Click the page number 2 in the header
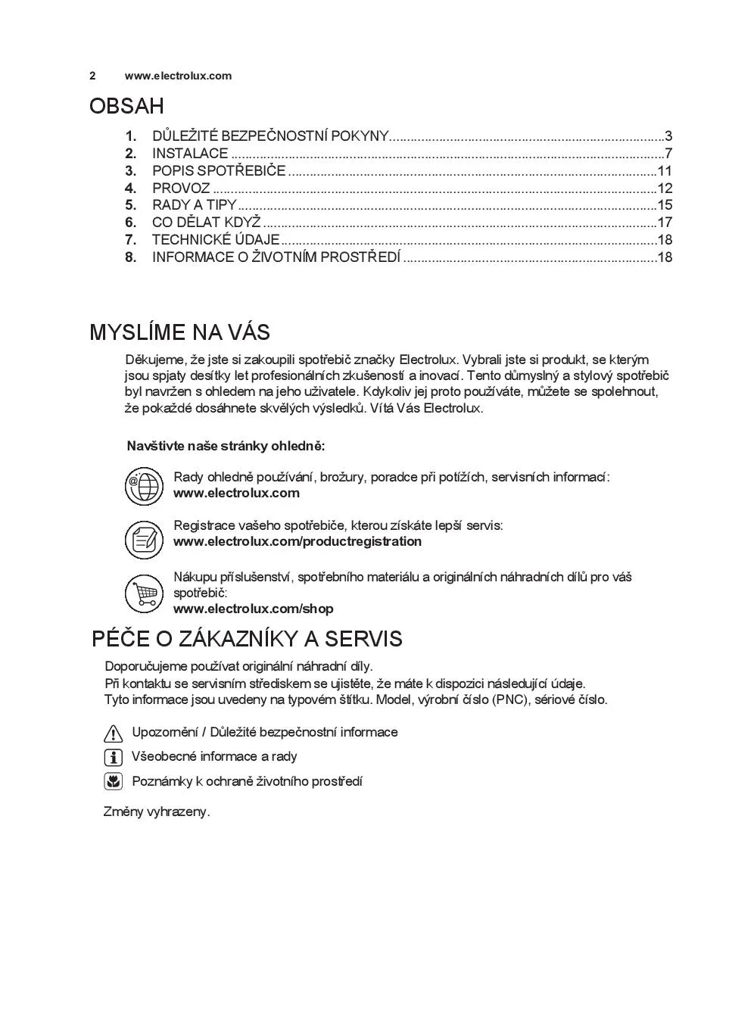[92, 76]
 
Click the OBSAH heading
[126, 106]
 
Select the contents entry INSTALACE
[190, 154]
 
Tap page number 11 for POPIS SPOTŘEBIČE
[665, 171]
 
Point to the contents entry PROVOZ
[181, 188]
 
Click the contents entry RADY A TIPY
[195, 205]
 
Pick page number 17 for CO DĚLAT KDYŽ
[665, 223]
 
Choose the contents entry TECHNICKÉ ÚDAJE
[216, 240]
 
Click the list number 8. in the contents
[131, 257]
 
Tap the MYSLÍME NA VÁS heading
[179, 332]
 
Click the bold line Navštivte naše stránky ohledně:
[226, 446]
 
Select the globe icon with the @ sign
[144, 485]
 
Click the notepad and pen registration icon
[144, 540]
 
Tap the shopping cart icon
[144, 593]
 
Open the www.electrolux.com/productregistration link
[298, 541]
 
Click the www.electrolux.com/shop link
[254, 609]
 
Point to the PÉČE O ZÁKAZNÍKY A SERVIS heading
[247, 639]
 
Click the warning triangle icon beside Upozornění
[113, 733]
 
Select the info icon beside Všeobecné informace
[113, 757]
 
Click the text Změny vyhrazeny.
[157, 811]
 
